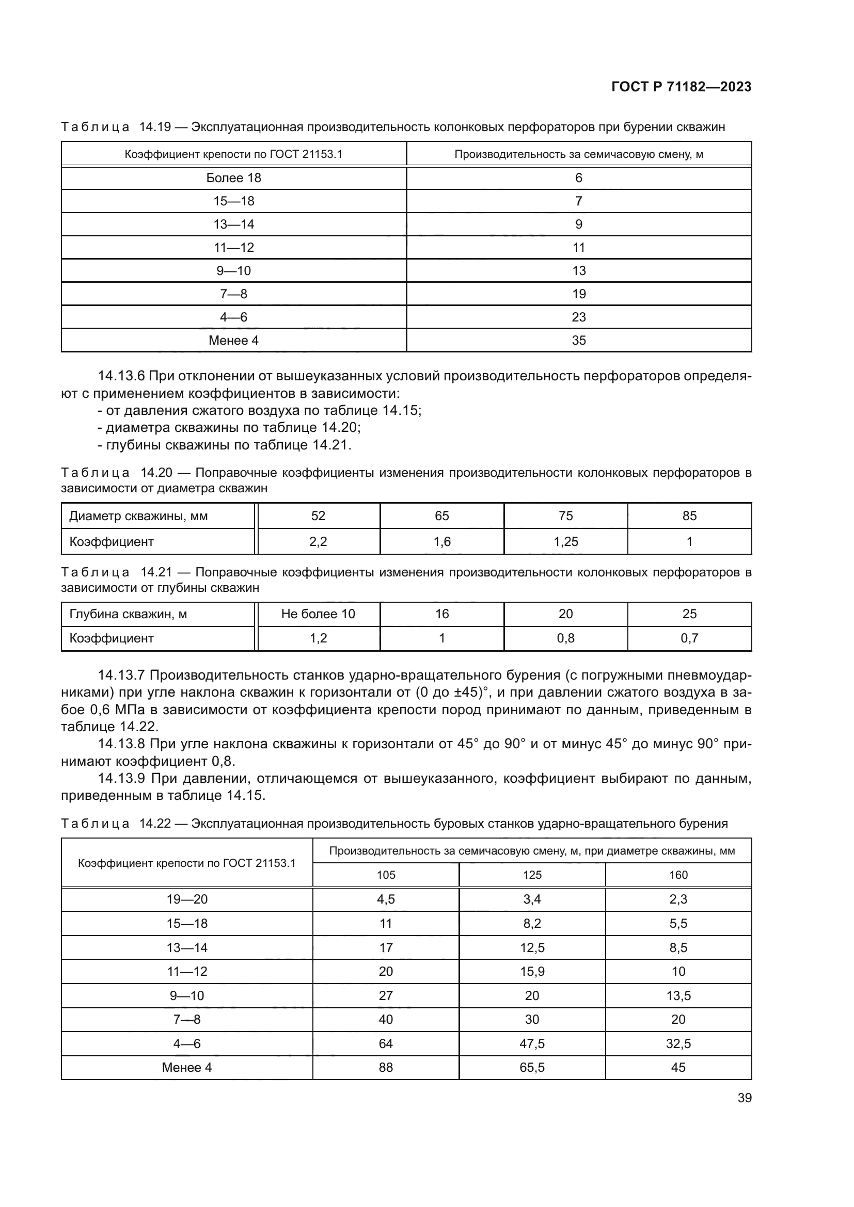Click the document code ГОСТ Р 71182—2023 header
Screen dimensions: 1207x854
(681, 87)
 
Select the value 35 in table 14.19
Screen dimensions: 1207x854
(578, 341)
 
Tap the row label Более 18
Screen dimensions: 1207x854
(233, 178)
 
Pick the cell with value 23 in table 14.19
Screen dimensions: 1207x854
(578, 317)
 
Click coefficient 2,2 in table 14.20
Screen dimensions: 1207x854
(318, 541)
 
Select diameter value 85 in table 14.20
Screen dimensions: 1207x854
(689, 516)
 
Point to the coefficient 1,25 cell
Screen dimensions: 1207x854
(565, 541)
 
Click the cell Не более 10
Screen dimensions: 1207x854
(318, 614)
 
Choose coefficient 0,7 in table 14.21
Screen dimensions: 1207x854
(689, 638)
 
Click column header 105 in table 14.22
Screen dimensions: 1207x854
(386, 875)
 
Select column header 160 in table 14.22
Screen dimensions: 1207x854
(678, 875)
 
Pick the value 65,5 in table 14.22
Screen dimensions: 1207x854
(532, 1067)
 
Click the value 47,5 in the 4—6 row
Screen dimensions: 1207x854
(532, 1043)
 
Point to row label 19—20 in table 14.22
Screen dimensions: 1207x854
(187, 899)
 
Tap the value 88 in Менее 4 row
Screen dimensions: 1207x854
(386, 1067)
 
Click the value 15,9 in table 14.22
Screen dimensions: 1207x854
(532, 972)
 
